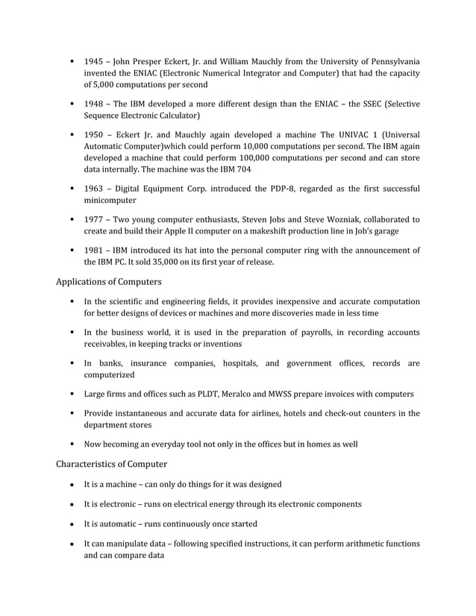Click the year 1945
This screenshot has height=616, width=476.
(x=93, y=60)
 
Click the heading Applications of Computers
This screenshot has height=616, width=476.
(x=112, y=283)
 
